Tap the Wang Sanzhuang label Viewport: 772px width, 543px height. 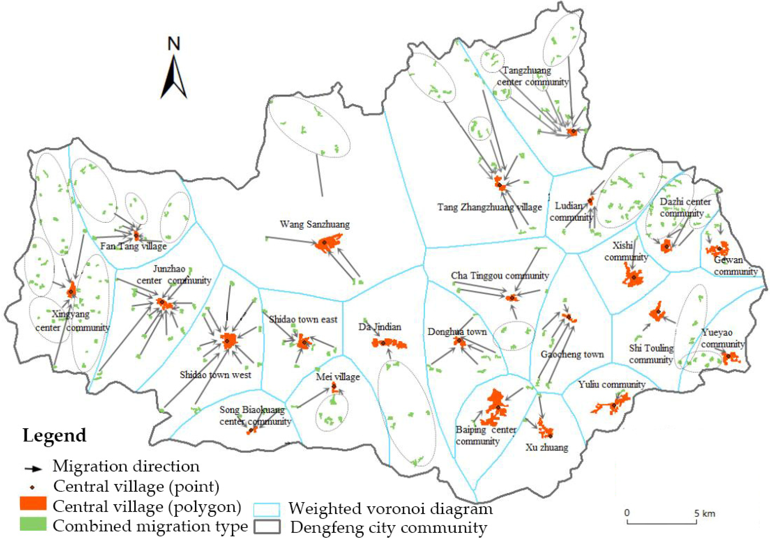tap(315, 224)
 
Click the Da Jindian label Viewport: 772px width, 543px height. tap(380, 327)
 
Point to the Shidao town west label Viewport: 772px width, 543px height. tap(215, 375)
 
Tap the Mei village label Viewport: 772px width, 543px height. tap(338, 377)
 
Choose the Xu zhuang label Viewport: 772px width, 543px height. tap(547, 448)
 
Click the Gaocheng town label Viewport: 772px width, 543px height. tap(572, 354)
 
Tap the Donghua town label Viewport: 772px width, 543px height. tap(457, 332)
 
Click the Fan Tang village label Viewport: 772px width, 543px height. tap(133, 246)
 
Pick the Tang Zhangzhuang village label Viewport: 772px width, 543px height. tap(489, 207)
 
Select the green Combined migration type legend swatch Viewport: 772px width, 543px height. tap(33, 524)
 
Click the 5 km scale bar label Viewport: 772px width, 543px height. tap(705, 513)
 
